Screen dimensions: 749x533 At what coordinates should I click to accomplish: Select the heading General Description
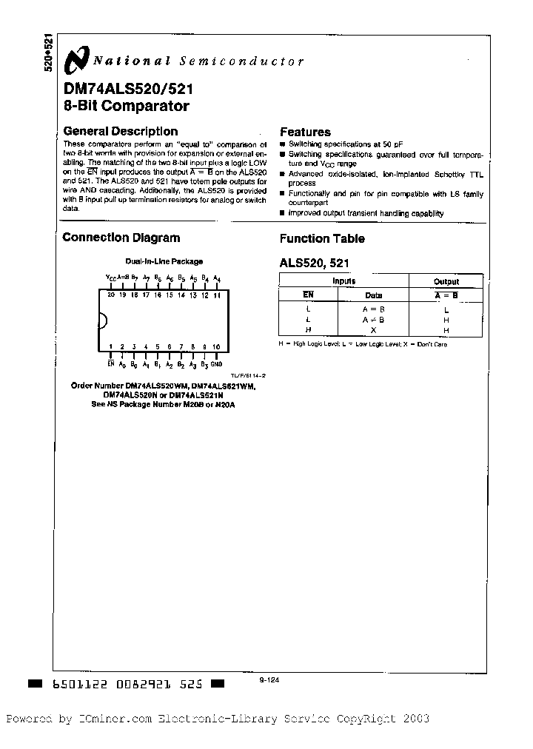[x=112, y=132]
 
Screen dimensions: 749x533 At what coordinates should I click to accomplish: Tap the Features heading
[x=305, y=132]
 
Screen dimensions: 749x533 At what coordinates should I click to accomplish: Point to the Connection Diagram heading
[x=121, y=238]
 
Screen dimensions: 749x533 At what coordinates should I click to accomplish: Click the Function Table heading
[x=322, y=238]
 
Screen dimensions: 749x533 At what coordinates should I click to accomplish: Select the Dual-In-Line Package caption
[x=164, y=261]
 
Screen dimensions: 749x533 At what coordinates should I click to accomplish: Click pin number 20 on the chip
[x=111, y=295]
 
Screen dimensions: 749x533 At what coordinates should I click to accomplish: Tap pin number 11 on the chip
[x=217, y=295]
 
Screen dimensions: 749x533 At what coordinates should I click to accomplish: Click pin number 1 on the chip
[x=111, y=346]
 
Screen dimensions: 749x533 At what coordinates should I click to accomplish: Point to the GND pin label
[x=216, y=364]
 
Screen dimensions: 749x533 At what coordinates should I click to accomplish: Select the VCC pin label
[x=110, y=278]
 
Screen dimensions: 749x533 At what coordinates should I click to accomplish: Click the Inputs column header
[x=343, y=281]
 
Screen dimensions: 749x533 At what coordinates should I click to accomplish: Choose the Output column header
[x=446, y=281]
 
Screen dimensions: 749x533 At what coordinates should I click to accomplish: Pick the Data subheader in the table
[x=373, y=294]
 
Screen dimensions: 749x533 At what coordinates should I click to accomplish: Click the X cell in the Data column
[x=373, y=329]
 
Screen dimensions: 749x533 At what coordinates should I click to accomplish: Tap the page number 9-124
[x=269, y=679]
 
